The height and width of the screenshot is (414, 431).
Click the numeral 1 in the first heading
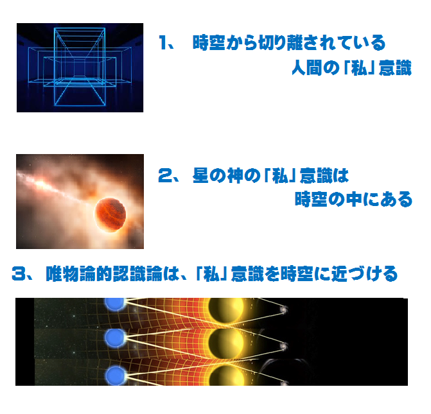[164, 42]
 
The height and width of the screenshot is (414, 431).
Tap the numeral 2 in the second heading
[166, 175]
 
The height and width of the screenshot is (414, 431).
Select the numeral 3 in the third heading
[19, 273]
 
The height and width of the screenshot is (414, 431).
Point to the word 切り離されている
[322, 43]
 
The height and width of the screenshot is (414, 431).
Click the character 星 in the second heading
[201, 175]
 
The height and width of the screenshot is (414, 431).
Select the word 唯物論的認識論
[104, 273]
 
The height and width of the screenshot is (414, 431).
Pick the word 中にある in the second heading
[380, 199]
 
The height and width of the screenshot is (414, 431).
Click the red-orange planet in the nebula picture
[110, 214]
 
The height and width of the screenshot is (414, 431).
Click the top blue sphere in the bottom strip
[115, 304]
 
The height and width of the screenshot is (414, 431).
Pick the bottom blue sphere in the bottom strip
[116, 375]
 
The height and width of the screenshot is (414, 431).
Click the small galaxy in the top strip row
[283, 309]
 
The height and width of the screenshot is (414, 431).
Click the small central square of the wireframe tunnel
[79, 67]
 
